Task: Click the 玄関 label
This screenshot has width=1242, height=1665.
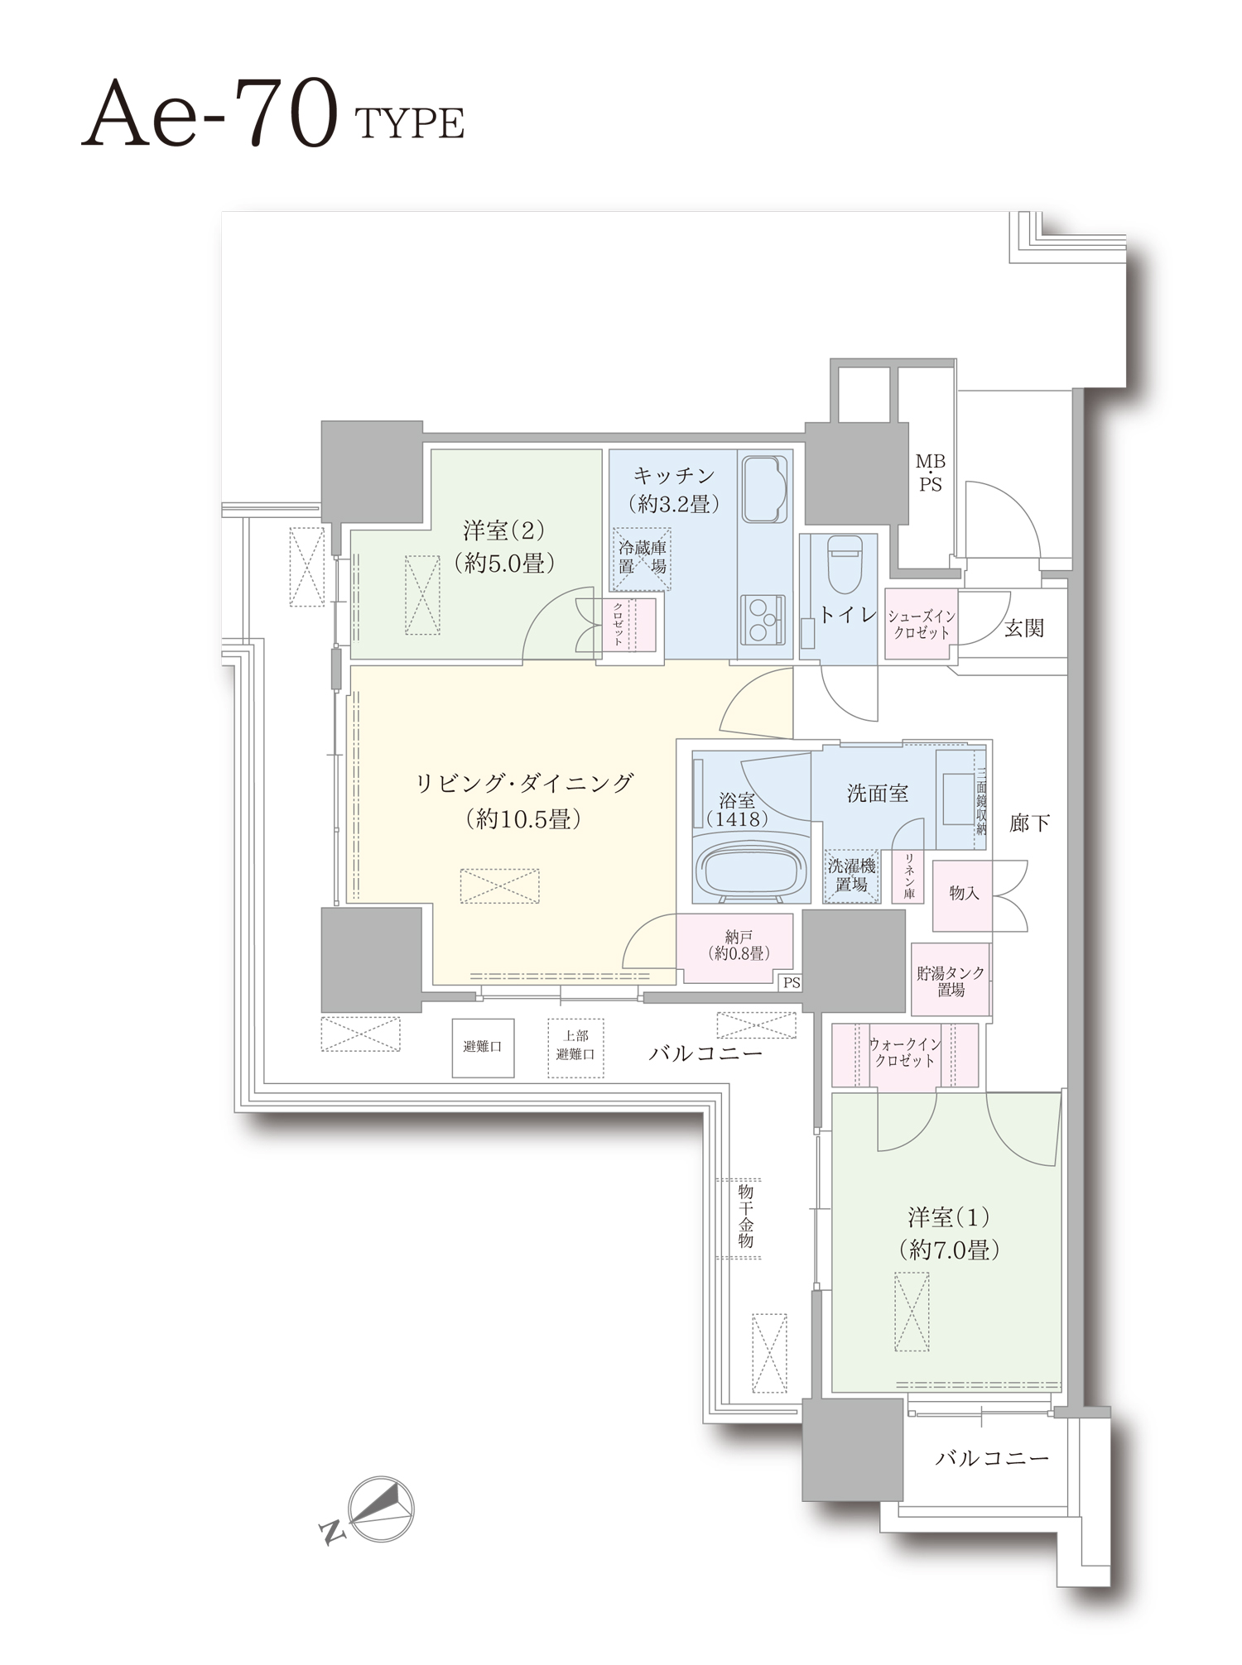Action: (1024, 628)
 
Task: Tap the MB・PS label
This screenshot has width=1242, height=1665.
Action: (931, 473)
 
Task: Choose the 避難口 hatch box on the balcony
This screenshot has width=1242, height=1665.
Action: (483, 1048)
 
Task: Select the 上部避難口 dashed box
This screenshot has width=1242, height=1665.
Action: (575, 1048)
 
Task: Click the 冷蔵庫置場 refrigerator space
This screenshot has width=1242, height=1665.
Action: (642, 557)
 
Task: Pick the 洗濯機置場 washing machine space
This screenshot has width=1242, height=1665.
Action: (851, 876)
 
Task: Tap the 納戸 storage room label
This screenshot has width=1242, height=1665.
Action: (739, 945)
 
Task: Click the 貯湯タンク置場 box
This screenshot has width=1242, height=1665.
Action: (951, 980)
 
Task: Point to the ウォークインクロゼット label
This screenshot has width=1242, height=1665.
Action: (905, 1053)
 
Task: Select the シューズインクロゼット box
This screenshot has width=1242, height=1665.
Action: (921, 624)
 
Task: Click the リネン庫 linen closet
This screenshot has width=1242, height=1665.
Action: (908, 877)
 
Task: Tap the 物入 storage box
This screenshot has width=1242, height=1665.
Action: (963, 894)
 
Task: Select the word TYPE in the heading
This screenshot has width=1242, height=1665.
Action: (409, 124)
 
